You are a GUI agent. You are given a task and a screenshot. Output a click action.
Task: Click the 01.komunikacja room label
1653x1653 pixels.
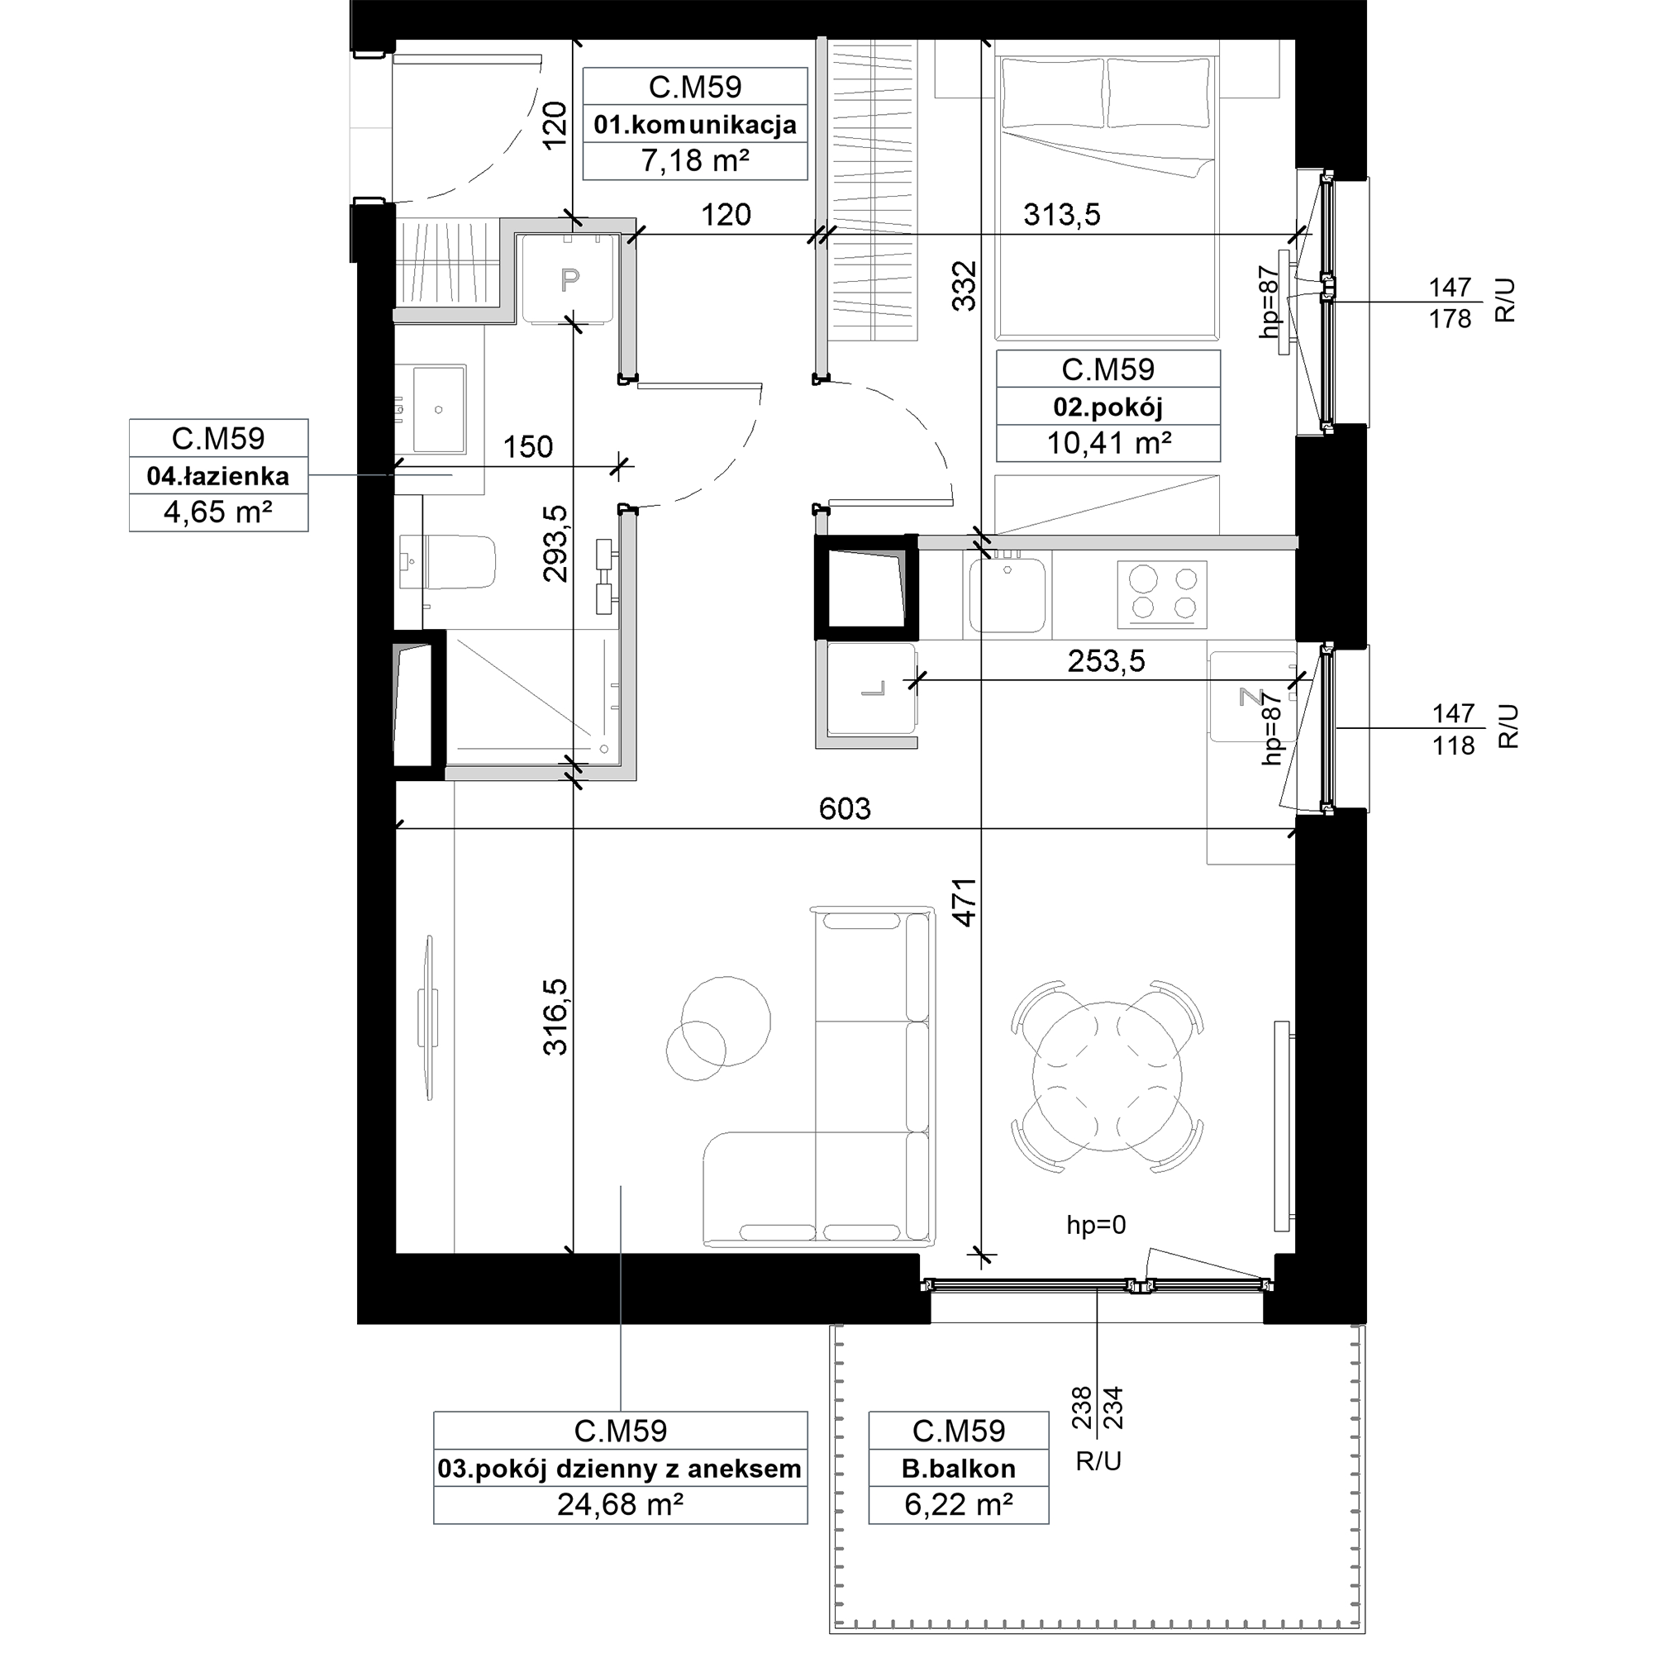click(695, 125)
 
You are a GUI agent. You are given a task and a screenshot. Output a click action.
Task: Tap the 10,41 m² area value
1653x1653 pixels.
click(1109, 443)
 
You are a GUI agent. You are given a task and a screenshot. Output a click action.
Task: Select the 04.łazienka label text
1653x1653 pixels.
click(218, 476)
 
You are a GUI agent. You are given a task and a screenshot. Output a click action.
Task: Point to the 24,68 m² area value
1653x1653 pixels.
click(621, 1503)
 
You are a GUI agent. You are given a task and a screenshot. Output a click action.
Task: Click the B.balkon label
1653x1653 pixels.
click(958, 1468)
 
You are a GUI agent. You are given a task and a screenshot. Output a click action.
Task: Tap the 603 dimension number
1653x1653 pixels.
click(845, 808)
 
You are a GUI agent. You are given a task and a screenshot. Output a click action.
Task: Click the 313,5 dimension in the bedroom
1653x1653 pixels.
click(1062, 215)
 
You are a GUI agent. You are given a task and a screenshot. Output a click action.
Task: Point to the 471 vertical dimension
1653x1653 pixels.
click(965, 903)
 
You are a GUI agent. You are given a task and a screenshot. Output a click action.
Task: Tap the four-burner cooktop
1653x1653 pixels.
click(1162, 593)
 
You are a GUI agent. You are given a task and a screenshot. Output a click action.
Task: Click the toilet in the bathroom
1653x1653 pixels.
click(447, 562)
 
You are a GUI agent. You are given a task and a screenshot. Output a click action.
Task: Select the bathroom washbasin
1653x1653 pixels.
click(439, 409)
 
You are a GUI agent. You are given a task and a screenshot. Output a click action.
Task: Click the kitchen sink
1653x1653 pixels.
click(1008, 593)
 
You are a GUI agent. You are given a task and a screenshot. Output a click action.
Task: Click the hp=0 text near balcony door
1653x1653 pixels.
click(1096, 1225)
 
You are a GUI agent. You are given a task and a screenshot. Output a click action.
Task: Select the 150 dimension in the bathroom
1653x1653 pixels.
click(528, 446)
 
